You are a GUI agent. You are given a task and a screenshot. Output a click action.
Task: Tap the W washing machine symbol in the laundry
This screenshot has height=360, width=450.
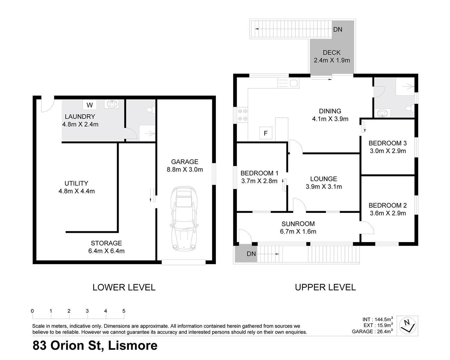coord(90,105)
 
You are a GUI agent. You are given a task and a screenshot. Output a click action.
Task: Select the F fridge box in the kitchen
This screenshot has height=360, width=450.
coord(266,133)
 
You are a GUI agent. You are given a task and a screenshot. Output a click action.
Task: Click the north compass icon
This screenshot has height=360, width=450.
coord(408,325)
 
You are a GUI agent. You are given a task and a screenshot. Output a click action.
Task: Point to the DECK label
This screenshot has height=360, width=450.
coord(332,53)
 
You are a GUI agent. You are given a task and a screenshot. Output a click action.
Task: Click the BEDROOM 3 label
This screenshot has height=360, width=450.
coord(387,143)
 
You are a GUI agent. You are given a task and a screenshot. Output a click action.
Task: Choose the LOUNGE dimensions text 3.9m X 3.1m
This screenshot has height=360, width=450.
coord(324,187)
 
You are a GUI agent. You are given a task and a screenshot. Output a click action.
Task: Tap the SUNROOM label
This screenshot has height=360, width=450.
coord(298,224)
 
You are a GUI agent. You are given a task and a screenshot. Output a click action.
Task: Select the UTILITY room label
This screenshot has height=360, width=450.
coord(76,183)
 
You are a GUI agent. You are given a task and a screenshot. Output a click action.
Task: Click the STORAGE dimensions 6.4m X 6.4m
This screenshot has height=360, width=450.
coord(106,251)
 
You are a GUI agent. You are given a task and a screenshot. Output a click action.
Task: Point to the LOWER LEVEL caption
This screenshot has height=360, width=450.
coord(124,287)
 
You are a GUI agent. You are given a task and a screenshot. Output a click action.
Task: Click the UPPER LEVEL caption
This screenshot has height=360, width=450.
coord(325,287)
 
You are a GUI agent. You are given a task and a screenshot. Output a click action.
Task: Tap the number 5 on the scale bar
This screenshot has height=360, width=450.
coord(124,311)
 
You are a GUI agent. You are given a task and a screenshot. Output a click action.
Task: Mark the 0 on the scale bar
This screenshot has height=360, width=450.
coord(32,311)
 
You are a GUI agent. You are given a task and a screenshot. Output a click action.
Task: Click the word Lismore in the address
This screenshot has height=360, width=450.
coord(133,346)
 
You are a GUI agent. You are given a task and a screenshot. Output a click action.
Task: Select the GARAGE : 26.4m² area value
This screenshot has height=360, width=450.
coord(372,331)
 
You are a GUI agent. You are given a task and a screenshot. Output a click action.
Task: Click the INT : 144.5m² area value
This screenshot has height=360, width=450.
coord(377,319)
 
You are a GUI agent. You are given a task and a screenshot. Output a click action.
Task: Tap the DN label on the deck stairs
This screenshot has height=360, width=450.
coord(338,29)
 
